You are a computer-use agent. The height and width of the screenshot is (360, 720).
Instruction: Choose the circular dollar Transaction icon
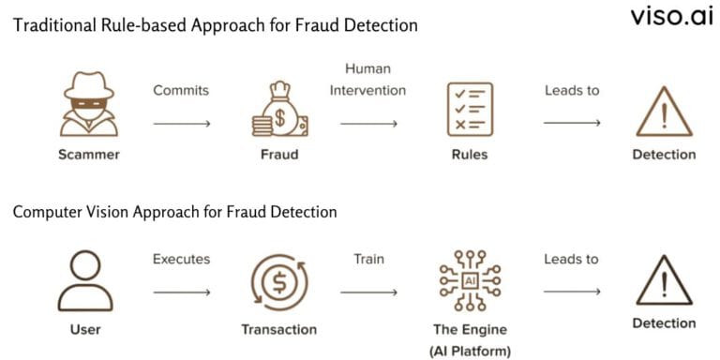[x=278, y=281]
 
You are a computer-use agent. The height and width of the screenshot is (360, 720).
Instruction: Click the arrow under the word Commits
[x=181, y=122]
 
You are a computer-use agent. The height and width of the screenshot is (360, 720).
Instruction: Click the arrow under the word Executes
[x=181, y=292]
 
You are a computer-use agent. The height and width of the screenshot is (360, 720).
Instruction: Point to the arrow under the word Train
[x=368, y=292]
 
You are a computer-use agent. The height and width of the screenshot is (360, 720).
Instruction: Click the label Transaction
[x=279, y=329]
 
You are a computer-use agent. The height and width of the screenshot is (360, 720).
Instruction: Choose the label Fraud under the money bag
[x=278, y=155]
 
